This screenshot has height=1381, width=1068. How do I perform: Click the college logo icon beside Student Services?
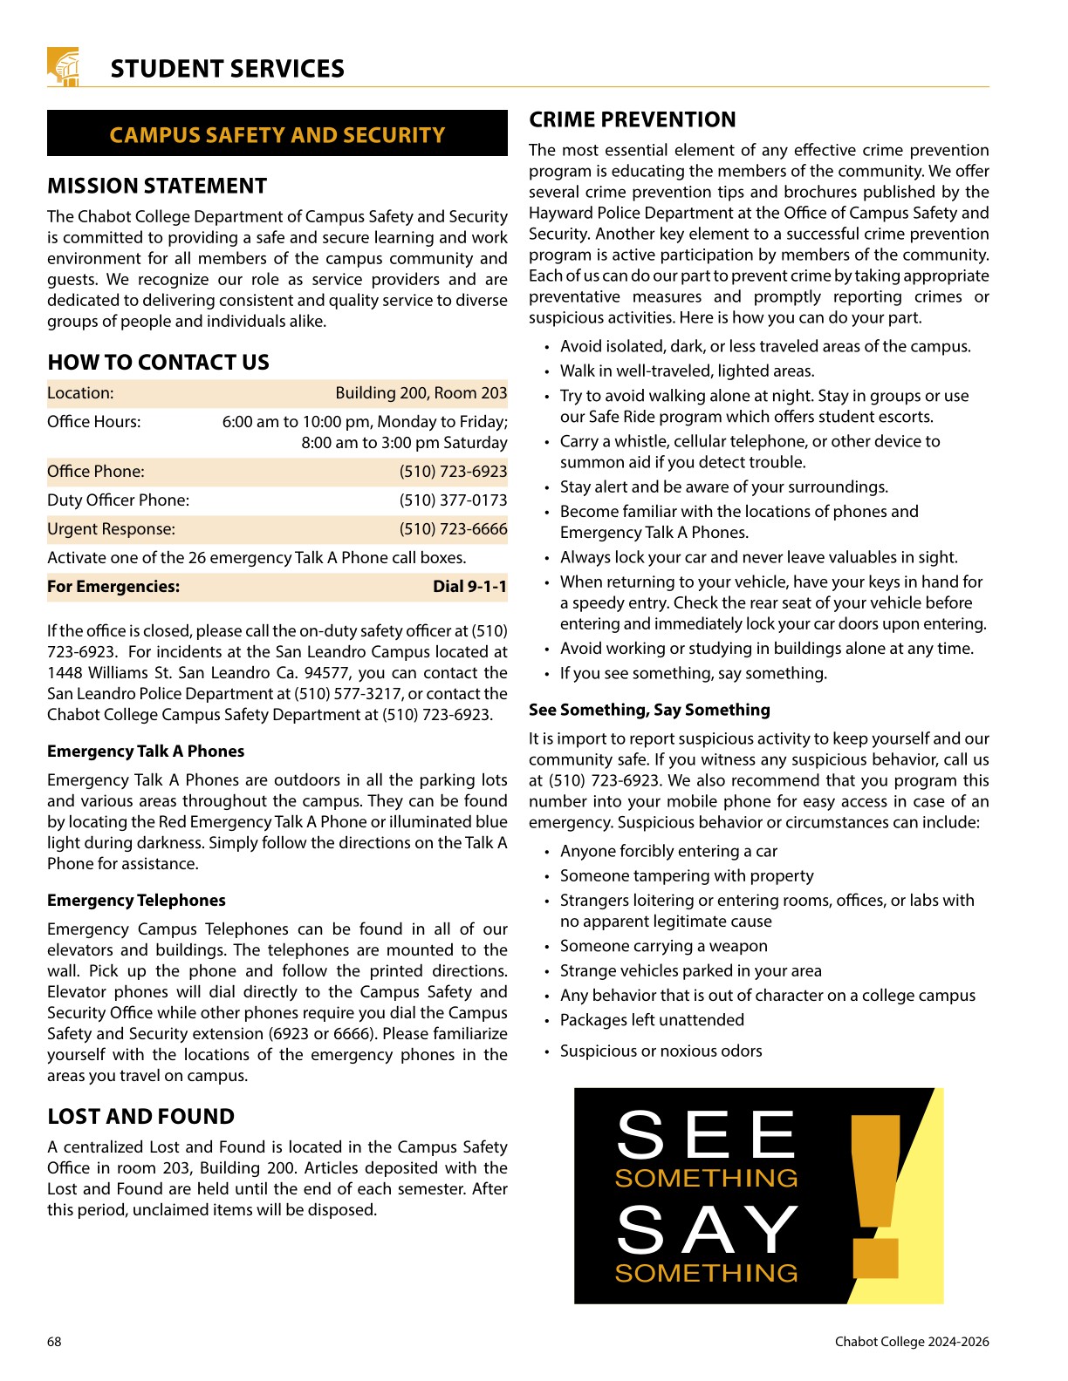64,67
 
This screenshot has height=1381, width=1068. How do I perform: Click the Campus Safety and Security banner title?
277,135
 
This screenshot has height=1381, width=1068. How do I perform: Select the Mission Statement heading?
157,186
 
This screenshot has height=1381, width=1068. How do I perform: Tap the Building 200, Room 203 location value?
421,393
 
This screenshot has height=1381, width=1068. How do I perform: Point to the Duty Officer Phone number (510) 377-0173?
453,500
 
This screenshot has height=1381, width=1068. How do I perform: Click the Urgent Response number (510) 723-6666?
453,529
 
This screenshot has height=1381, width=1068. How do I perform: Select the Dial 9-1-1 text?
469,587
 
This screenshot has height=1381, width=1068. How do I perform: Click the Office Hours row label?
93,422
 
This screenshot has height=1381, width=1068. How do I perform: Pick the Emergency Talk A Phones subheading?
146,752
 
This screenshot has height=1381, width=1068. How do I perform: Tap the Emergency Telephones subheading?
136,901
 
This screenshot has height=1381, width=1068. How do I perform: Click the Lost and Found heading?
140,1117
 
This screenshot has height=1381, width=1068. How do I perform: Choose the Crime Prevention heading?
632,119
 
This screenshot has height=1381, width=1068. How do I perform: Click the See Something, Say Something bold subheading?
649,710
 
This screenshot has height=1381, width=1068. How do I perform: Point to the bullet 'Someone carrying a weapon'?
663,946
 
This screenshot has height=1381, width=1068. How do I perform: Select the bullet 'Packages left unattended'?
652,1020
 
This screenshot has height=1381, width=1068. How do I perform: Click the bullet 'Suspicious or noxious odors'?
661,1051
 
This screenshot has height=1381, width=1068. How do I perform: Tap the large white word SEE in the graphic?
706,1135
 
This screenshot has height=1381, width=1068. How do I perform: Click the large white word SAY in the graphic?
707,1230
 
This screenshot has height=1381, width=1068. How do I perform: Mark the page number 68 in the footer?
54,1342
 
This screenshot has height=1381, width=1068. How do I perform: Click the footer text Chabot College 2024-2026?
911,1342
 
